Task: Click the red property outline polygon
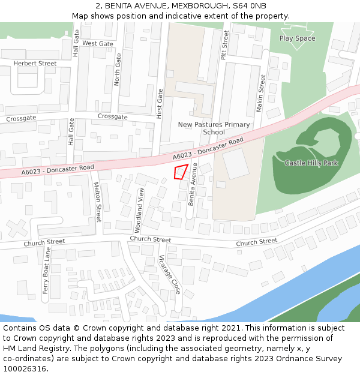181,172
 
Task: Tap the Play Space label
297,38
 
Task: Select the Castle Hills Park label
311,163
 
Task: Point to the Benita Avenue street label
193,185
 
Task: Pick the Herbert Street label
35,64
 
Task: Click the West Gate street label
97,44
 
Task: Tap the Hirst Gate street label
160,103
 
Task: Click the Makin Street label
260,93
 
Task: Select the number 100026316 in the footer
25,369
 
